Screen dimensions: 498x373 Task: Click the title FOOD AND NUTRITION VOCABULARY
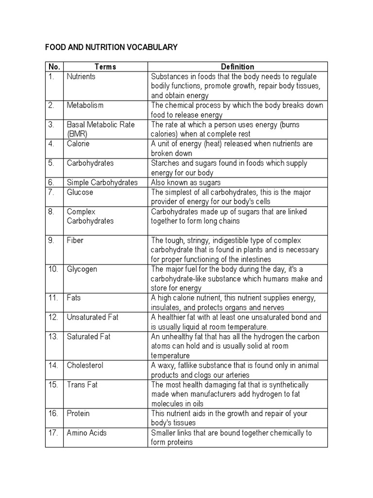point(111,48)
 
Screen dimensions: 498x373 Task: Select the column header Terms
point(105,67)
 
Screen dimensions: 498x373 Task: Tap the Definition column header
point(237,67)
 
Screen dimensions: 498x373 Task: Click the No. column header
point(53,67)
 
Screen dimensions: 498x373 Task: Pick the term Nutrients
point(81,76)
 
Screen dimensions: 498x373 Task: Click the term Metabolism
point(85,105)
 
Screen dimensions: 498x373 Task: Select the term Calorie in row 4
point(78,143)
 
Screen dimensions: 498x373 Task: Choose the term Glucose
point(80,192)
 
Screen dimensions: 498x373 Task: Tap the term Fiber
point(75,240)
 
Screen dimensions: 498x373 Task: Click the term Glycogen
point(82,269)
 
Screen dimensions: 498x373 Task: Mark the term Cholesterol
point(85,365)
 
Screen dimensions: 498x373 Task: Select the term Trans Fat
point(82,384)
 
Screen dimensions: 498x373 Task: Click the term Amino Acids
point(87,432)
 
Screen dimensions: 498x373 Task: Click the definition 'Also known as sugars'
point(186,182)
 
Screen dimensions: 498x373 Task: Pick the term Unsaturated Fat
point(92,317)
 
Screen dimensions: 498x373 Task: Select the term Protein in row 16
point(78,413)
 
